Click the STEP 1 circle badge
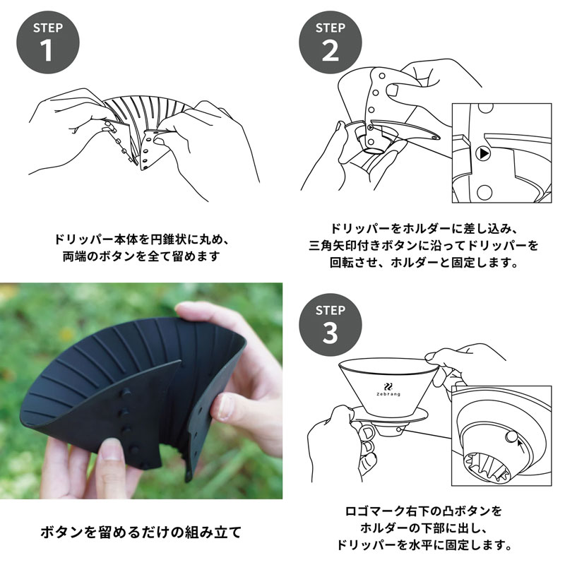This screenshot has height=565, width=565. pyautogui.click(x=48, y=42)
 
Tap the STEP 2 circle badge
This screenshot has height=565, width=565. pyautogui.click(x=331, y=42)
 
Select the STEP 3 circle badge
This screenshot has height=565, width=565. pyautogui.click(x=331, y=325)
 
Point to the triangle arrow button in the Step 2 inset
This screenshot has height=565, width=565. pyautogui.click(x=483, y=153)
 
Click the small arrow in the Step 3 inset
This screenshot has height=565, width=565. pyautogui.click(x=521, y=447)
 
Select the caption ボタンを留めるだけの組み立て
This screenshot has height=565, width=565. pyautogui.click(x=141, y=533)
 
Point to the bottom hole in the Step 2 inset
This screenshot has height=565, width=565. pyautogui.click(x=484, y=192)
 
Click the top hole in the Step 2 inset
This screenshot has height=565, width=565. pyautogui.click(x=485, y=107)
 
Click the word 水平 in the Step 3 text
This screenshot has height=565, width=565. pyautogui.click(x=422, y=545)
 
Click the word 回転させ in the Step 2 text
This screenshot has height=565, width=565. pyautogui.click(x=354, y=263)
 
